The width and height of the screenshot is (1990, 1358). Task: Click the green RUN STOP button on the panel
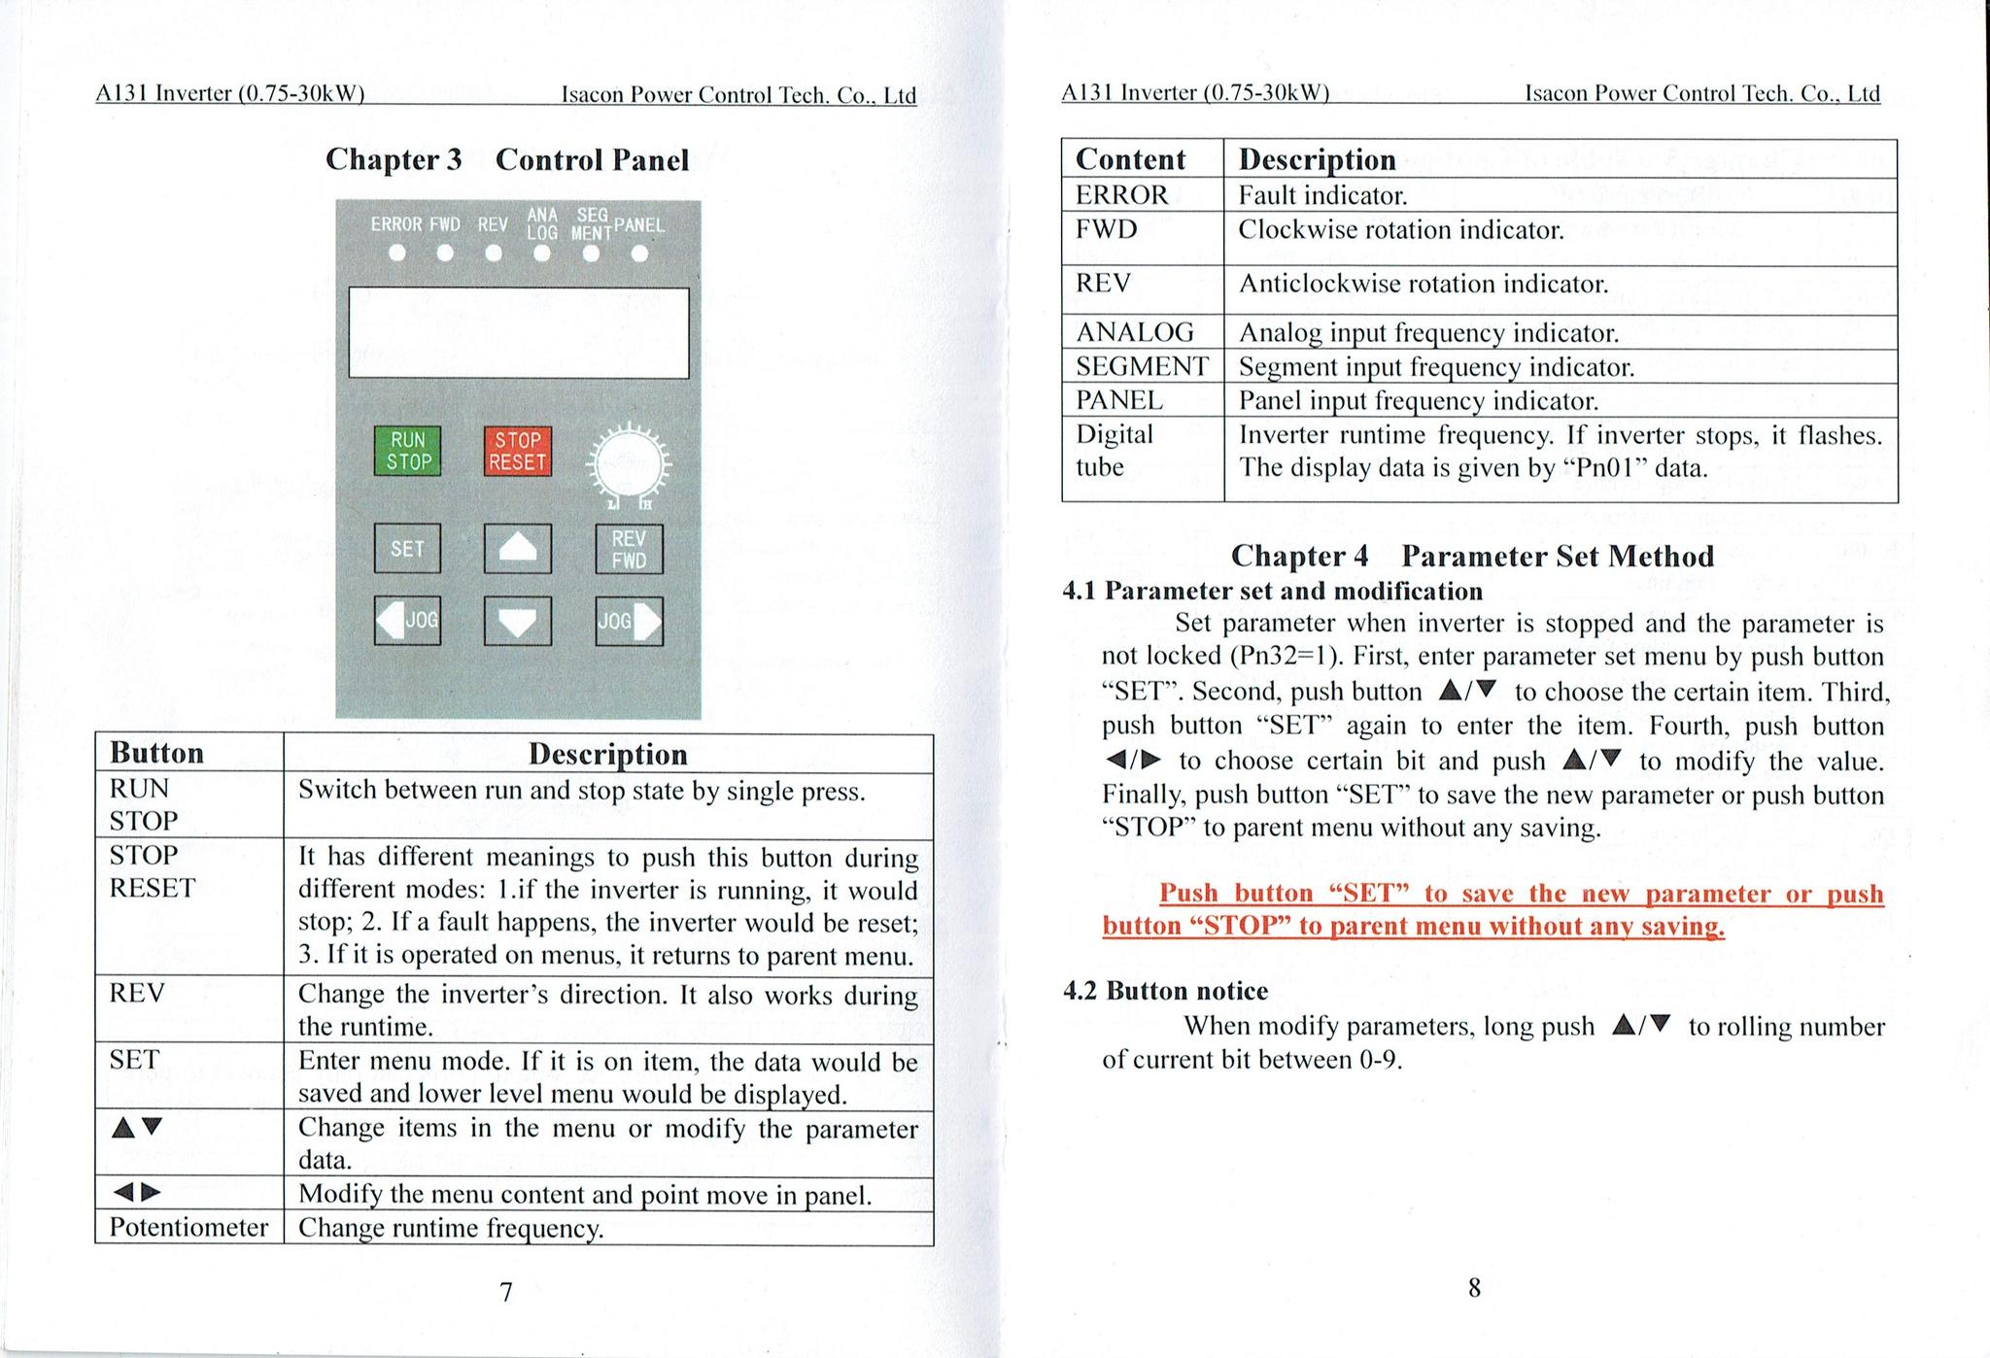coord(407,452)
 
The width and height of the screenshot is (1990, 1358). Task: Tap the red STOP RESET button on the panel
coord(518,452)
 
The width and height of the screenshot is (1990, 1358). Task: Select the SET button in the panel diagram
coord(407,549)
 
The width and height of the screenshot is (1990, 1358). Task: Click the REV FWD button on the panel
coord(629,550)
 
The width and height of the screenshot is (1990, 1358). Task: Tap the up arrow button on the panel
coord(518,549)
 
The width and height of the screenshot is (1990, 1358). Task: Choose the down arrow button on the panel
coord(518,621)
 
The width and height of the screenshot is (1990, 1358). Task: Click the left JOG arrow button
coord(407,620)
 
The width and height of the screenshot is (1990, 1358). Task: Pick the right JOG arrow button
coord(629,621)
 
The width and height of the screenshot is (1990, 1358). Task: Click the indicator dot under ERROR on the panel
coord(396,254)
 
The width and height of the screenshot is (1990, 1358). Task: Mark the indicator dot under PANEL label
coord(638,254)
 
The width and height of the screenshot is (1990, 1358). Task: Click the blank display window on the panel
coord(519,332)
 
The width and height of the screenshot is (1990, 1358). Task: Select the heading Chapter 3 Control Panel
coord(506,159)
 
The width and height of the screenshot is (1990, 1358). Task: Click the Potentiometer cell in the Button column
coord(189,1228)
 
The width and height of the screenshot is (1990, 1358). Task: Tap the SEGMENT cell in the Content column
coord(1142,366)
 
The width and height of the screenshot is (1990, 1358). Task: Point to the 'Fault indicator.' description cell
coord(1322,195)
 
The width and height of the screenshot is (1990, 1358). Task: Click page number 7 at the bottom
coord(505,1292)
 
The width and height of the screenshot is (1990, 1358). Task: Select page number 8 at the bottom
coord(1474,1288)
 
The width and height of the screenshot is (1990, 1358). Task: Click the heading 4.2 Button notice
coord(1165,991)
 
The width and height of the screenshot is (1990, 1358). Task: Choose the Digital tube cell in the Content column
coord(1115,450)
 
